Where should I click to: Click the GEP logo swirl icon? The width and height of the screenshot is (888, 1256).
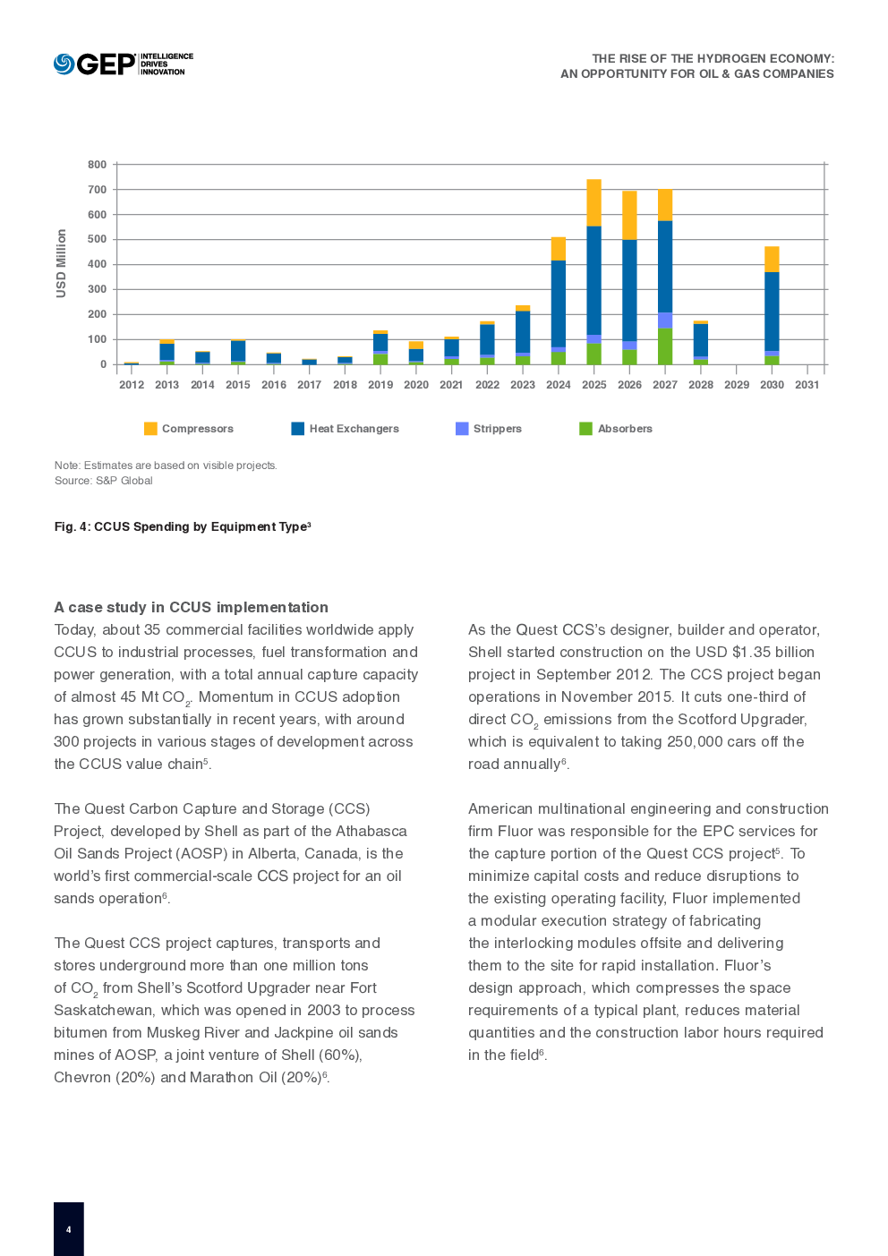pyautogui.click(x=64, y=64)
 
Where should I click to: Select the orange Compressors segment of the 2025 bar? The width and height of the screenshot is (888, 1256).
pyautogui.click(x=593, y=202)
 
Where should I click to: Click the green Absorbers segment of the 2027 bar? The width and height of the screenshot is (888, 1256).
pyautogui.click(x=665, y=346)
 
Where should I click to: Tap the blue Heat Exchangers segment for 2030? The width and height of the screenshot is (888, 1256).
pyautogui.click(x=772, y=312)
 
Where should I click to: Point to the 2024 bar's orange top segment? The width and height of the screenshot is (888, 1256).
pyautogui.click(x=559, y=248)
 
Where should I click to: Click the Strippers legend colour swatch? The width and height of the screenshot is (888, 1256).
pyautogui.click(x=462, y=429)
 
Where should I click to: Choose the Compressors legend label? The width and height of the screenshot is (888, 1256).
pyautogui.click(x=197, y=429)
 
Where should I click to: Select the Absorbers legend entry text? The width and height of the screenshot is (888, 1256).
pyautogui.click(x=625, y=429)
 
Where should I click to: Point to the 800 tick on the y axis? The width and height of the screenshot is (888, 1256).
pyautogui.click(x=97, y=165)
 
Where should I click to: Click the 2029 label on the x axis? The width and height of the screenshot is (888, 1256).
pyautogui.click(x=736, y=385)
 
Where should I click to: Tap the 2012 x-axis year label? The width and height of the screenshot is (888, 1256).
pyautogui.click(x=132, y=385)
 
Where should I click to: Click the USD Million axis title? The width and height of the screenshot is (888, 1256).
pyautogui.click(x=61, y=263)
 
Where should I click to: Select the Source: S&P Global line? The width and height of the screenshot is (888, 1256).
pyautogui.click(x=103, y=481)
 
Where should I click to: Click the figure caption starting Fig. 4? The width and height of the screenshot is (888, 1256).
pyautogui.click(x=183, y=526)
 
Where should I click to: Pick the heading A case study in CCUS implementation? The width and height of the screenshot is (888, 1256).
pyautogui.click(x=192, y=607)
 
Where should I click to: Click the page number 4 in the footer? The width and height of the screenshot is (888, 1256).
pyautogui.click(x=68, y=1230)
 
